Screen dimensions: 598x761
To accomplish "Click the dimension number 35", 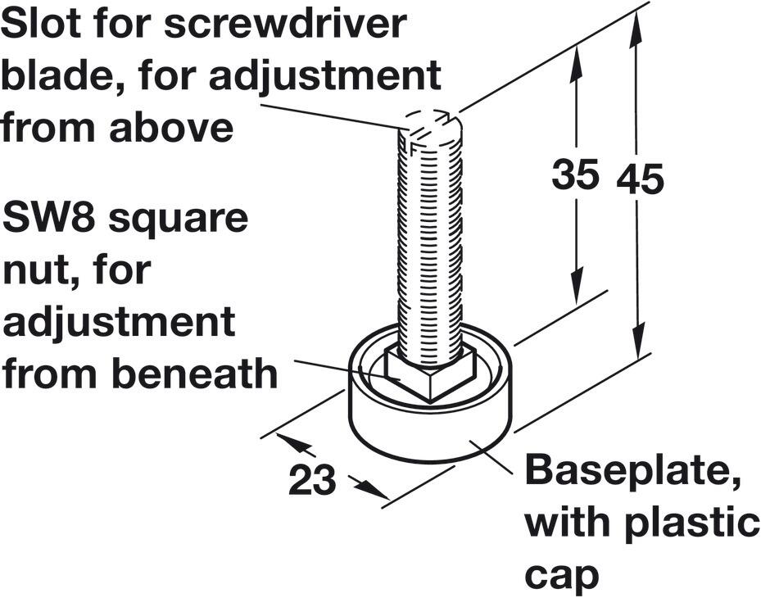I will click(x=575, y=175).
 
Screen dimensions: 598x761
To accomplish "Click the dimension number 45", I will click(x=641, y=179).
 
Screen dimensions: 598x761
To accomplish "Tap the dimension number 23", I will click(x=312, y=481).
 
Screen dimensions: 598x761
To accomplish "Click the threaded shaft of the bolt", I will click(x=429, y=246).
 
